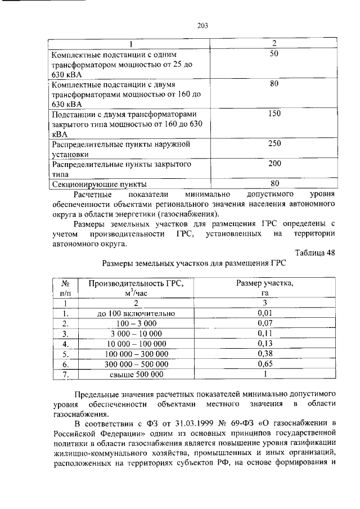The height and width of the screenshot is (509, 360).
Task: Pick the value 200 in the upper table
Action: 274,164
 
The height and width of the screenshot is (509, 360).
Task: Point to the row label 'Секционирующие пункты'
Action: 99,184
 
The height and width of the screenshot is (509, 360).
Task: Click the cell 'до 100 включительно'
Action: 137,313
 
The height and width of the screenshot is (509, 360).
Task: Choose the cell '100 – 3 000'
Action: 137,323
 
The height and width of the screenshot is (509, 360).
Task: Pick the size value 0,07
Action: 264,323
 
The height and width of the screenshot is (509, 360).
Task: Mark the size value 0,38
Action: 264,354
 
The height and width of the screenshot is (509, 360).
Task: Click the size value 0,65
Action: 264,364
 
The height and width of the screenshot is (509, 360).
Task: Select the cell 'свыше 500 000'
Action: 137,374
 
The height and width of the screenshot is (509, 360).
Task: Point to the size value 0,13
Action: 264,344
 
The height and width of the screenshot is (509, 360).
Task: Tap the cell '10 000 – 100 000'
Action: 137,344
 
